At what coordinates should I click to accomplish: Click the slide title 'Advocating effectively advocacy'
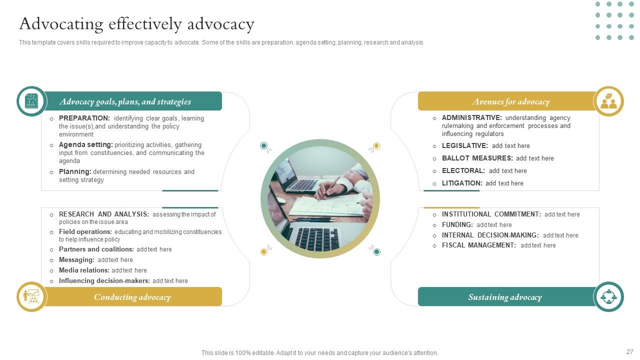point(136,24)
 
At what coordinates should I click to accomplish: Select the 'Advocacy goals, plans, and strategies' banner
point(125,101)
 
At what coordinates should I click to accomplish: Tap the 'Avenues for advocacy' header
point(510,101)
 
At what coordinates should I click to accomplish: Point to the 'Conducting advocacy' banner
point(132,297)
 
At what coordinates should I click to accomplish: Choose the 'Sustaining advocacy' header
point(504,297)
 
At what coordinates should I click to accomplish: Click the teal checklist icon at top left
point(31,101)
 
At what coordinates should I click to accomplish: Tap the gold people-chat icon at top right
point(608,101)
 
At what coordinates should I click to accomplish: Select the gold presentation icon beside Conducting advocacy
point(31,296)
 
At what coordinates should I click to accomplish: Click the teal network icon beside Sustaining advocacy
point(608,296)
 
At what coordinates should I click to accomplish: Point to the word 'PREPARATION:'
point(84,118)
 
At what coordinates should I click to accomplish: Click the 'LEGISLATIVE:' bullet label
point(464,146)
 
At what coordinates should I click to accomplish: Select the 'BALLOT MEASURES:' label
point(477,158)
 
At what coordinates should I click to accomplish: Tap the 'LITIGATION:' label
point(461,183)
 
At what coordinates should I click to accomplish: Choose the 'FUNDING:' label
point(457,225)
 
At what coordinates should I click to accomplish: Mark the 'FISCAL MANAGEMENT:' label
point(478,245)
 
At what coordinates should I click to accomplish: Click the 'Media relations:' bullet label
point(84,270)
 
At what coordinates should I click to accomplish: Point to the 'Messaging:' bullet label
point(76,260)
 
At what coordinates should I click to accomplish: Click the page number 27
point(629,352)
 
